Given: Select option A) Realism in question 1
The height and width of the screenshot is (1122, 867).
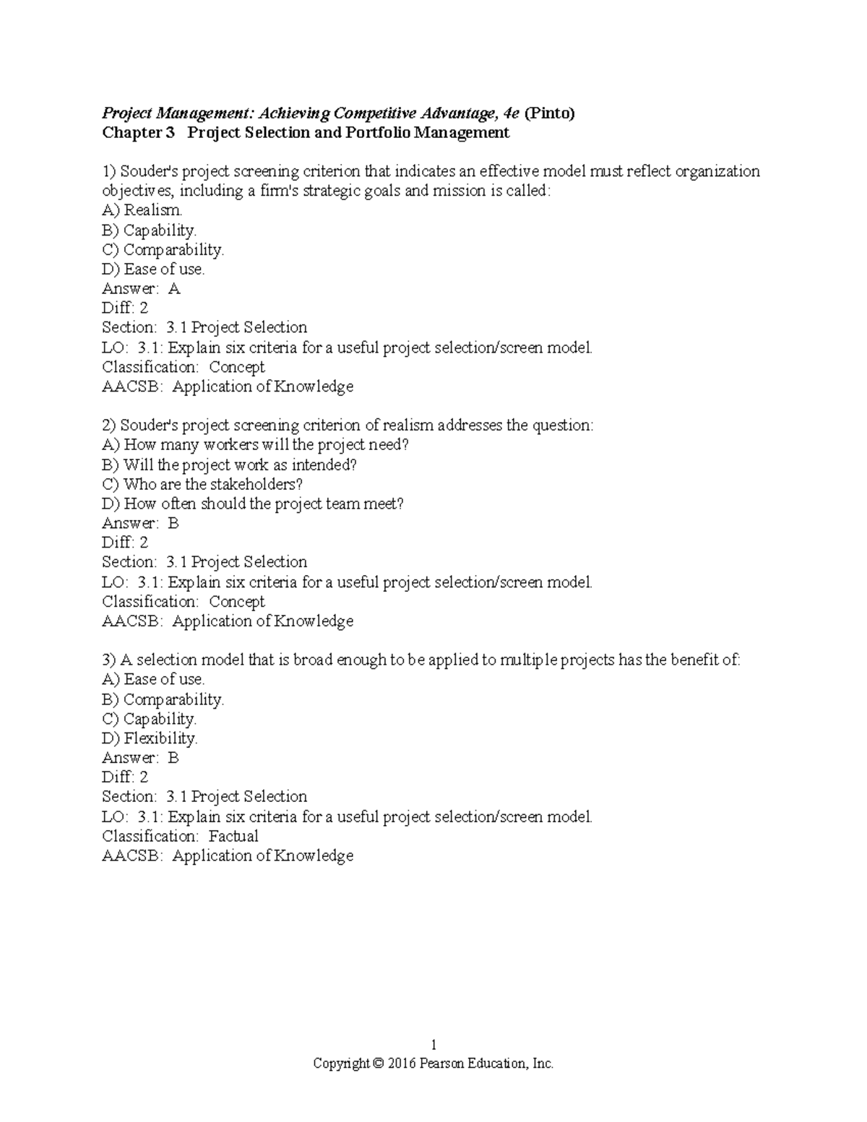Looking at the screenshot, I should tap(142, 210).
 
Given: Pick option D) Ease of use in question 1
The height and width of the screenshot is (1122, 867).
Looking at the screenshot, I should tap(153, 269).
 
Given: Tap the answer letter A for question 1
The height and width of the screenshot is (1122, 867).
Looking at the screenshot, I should tap(173, 288).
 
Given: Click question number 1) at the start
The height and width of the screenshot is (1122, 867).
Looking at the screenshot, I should tap(109, 171).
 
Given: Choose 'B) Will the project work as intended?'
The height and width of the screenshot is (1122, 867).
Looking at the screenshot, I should tap(230, 465).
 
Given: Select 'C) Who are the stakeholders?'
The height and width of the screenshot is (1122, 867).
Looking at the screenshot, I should tap(202, 484).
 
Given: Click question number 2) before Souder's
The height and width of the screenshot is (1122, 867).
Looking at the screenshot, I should tap(109, 426).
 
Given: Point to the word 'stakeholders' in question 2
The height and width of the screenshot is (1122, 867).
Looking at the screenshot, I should tap(256, 484).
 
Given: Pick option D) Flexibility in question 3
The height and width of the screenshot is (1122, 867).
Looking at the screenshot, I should tap(150, 738).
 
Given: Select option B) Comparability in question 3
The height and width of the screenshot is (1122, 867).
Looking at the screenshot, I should tap(163, 699).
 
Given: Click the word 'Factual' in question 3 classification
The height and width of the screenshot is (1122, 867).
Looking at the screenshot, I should tap(233, 836).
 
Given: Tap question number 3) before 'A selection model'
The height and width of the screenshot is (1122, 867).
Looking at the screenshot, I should tap(109, 660).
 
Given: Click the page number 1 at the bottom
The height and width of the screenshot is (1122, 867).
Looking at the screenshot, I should tap(433, 1045).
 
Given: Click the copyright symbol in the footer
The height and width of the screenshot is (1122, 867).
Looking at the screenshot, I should tap(379, 1063).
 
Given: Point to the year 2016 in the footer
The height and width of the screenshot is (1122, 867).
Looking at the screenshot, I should tap(402, 1063).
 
